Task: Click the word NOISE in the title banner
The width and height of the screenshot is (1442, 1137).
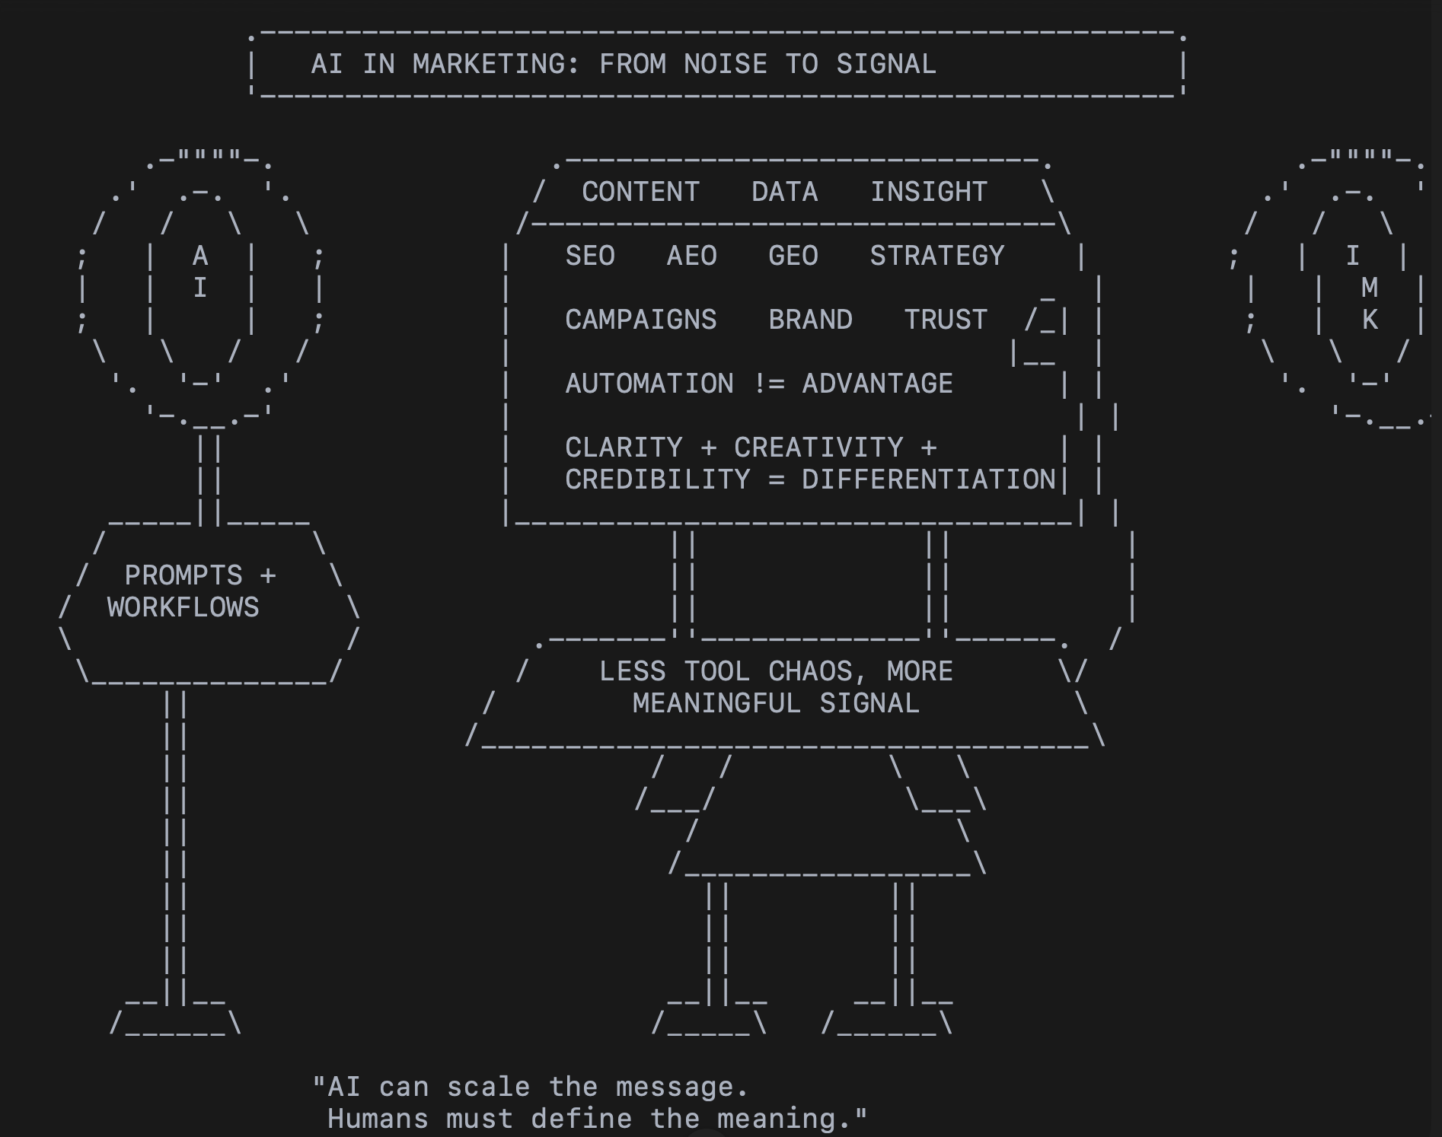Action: coord(725,65)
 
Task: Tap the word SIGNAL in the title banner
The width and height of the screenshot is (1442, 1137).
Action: coord(886,65)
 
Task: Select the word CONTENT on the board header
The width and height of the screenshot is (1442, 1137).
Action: coord(640,193)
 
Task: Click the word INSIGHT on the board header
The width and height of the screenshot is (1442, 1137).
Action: coord(929,193)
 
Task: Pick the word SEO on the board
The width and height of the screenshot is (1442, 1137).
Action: coord(590,256)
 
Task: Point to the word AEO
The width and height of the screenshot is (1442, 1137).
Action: coord(691,256)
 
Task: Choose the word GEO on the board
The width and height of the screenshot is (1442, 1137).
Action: coord(793,256)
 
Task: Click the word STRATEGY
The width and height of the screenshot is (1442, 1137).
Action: coord(937,256)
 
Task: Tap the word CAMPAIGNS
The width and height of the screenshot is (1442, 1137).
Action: coord(640,320)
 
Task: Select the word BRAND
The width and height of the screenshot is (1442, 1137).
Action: coord(810,320)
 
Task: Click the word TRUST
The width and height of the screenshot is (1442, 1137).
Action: coord(946,320)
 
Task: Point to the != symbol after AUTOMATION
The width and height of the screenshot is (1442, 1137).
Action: coord(768,384)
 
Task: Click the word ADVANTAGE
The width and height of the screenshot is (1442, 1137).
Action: coord(877,384)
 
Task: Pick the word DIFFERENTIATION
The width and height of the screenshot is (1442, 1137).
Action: coord(929,480)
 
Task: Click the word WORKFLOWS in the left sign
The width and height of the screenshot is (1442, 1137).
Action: coord(183,608)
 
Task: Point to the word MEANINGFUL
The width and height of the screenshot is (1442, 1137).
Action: coord(716,704)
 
